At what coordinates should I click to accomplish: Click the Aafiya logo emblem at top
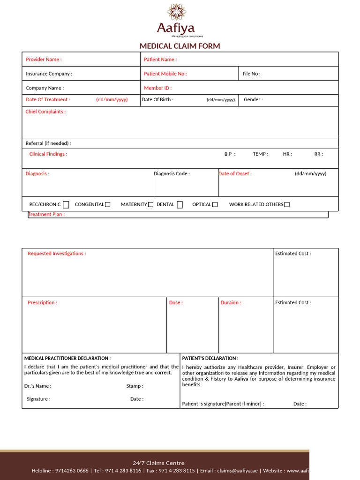tap(176, 12)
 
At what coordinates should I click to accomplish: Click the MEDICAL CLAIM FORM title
tap(180, 46)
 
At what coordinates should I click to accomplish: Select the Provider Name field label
tap(44, 60)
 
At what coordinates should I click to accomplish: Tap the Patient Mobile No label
tap(165, 74)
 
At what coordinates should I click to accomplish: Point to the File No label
tap(251, 74)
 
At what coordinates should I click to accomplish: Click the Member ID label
tap(157, 88)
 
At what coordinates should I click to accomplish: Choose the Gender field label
tap(253, 99)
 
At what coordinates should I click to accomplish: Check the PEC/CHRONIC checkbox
tap(66, 204)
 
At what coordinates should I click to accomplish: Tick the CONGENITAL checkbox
tap(108, 204)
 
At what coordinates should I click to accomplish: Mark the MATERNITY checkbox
tap(150, 204)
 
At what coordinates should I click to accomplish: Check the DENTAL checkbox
tap(180, 204)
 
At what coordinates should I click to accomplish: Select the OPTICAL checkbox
tap(215, 204)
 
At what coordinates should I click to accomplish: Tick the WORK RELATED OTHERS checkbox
tap(287, 204)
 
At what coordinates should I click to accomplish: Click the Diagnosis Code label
tap(172, 173)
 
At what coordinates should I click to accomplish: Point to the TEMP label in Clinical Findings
tap(260, 154)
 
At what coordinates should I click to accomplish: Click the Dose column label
tap(176, 302)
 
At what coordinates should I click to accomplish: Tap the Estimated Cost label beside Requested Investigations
tap(292, 254)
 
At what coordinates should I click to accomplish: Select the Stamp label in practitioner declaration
tap(135, 386)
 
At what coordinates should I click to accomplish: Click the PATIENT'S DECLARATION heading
tap(210, 358)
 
